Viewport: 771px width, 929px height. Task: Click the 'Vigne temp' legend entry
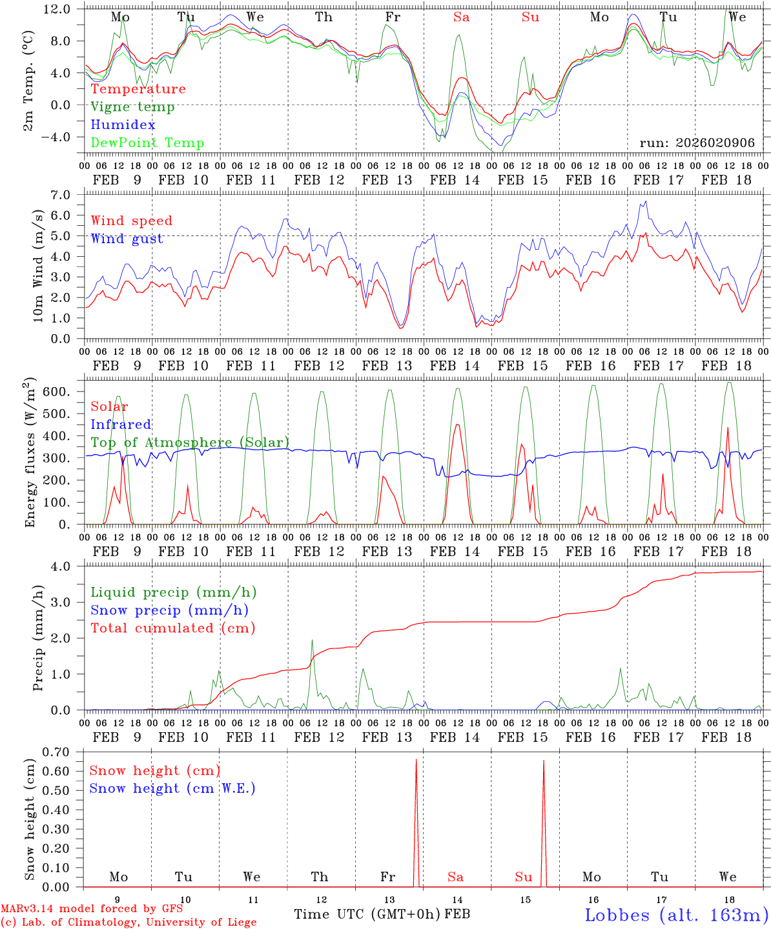132,107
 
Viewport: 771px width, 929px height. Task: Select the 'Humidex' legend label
123,125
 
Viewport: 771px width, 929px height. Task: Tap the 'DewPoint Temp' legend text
147,143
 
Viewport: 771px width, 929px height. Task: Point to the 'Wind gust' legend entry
127,239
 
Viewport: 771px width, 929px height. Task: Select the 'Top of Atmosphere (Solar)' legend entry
190,443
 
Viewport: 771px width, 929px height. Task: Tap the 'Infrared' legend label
121,425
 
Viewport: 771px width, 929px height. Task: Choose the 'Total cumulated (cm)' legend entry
173,628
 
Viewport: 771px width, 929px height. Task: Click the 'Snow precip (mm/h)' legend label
170,610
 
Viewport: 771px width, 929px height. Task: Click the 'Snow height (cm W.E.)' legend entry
172,788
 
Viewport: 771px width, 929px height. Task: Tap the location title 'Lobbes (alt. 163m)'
676,915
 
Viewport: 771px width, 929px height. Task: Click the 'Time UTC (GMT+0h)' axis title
367,914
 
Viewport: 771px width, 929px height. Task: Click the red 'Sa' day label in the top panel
461,17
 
